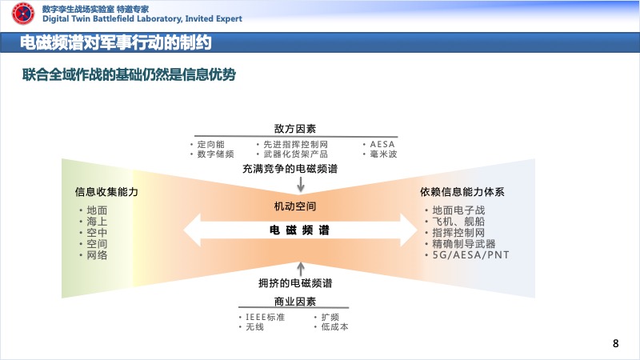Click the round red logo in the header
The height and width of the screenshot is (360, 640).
[23, 14]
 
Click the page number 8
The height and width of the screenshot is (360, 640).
[615, 343]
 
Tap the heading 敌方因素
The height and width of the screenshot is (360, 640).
[295, 129]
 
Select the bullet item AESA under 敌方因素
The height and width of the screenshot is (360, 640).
[382, 145]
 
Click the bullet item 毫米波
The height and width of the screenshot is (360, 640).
[383, 154]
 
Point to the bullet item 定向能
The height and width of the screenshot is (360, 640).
[210, 145]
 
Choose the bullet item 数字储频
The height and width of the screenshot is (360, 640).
[215, 154]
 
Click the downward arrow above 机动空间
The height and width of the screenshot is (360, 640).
[301, 184]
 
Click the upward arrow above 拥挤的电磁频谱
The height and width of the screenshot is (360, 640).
[301, 270]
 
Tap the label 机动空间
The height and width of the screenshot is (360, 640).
[295, 206]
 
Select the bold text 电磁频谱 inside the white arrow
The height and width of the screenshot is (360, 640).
[299, 230]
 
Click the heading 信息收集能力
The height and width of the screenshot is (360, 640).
[106, 192]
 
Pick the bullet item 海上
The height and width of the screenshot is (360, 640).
[97, 222]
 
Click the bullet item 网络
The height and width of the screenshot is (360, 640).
[97, 255]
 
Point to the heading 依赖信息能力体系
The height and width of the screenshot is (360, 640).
[462, 192]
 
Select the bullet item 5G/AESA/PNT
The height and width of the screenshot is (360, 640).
[470, 255]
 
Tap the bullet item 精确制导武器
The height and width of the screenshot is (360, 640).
[464, 244]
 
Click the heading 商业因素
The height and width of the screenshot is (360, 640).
[295, 302]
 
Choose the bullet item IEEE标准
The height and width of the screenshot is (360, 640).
[266, 317]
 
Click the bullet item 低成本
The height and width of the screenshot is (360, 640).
[334, 327]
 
